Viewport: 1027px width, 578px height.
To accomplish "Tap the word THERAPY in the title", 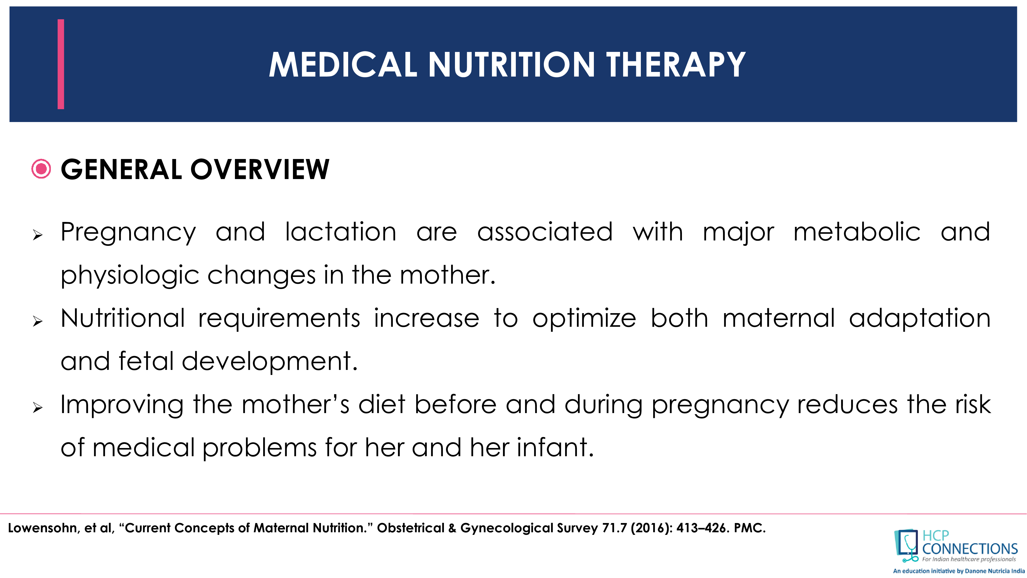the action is (x=676, y=65).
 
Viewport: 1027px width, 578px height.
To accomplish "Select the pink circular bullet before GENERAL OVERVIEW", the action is (x=41, y=169).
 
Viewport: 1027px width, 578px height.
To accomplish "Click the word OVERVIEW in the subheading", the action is (x=260, y=170).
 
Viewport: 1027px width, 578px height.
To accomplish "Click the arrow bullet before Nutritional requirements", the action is (x=37, y=321).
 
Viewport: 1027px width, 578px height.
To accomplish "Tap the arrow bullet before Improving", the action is (x=37, y=408).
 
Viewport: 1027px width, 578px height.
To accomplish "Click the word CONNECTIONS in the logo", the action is (x=970, y=549).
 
